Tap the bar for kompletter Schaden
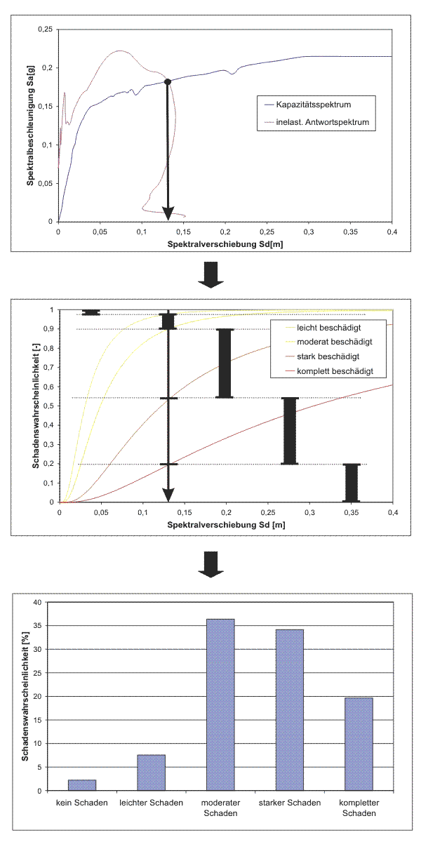pyautogui.click(x=359, y=744)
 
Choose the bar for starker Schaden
pyautogui.click(x=289, y=709)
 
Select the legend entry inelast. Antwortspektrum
pyautogui.click(x=322, y=122)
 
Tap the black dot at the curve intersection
pyautogui.click(x=168, y=81)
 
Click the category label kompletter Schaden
pyautogui.click(x=359, y=808)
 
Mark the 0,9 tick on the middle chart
pyautogui.click(x=48, y=329)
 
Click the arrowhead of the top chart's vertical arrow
pyautogui.click(x=168, y=213)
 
